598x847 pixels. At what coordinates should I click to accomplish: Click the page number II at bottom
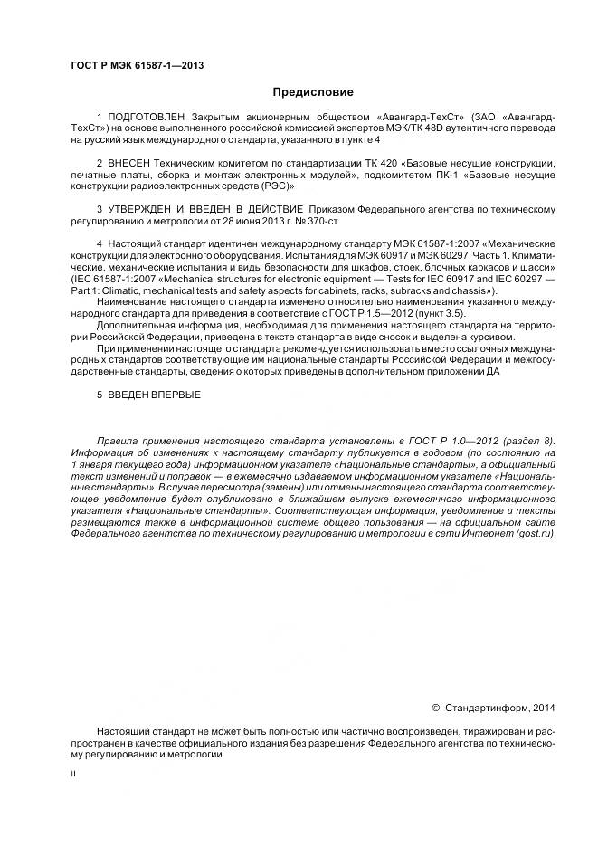pyautogui.click(x=73, y=775)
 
